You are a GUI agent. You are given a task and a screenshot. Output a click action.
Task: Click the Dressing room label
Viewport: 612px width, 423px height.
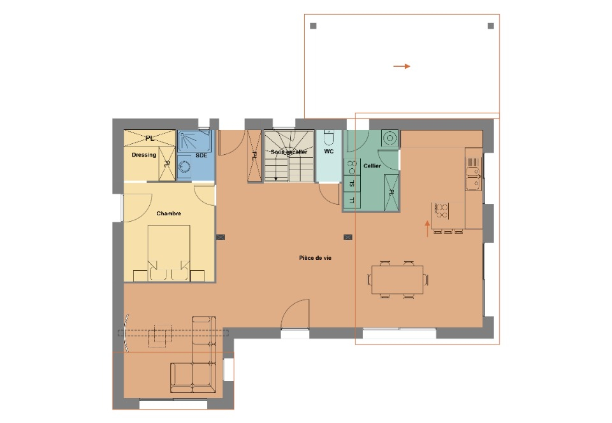point(143,155)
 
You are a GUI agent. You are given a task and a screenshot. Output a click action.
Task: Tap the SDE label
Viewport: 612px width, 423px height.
point(201,155)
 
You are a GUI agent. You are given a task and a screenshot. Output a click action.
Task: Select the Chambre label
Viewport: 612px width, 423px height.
point(168,213)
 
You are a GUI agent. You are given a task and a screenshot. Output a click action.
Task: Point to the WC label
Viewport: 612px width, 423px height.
point(329,151)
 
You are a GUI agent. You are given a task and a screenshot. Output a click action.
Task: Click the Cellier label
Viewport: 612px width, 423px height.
point(372,166)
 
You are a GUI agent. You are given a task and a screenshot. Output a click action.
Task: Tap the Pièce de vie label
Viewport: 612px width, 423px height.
point(316,258)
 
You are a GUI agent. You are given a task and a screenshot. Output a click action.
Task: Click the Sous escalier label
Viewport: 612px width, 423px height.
point(289,152)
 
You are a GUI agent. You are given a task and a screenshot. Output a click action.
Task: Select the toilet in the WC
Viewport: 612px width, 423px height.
point(329,138)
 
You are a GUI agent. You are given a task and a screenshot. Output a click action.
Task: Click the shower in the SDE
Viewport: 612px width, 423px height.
point(196,141)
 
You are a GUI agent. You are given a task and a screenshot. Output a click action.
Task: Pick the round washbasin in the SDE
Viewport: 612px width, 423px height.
point(184,168)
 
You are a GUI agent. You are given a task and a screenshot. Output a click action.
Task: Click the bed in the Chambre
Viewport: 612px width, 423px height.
point(169,253)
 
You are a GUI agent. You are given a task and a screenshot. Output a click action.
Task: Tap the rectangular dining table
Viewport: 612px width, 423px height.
point(397,280)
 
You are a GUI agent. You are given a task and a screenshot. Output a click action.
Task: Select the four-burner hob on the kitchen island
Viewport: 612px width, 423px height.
point(441,211)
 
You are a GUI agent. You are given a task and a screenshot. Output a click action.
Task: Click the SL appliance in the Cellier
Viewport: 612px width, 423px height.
point(352,183)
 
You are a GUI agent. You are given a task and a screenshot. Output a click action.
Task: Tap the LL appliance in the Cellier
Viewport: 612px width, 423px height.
point(352,200)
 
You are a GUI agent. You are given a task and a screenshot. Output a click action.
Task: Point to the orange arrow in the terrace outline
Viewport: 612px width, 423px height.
point(402,66)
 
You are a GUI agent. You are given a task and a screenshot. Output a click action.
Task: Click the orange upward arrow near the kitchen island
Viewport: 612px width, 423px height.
point(427,229)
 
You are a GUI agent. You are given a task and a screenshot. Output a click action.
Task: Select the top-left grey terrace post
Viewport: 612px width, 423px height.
point(313,25)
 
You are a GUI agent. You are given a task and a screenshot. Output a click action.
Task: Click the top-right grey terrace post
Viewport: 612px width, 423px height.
point(491,25)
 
